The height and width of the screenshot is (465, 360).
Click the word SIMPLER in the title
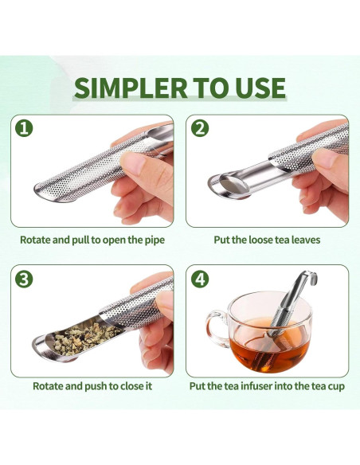click(131, 88)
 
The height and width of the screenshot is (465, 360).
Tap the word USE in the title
click(260, 88)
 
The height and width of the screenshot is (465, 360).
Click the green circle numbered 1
click(24, 128)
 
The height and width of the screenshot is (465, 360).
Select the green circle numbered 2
click(200, 128)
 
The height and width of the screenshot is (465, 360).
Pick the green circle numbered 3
click(24, 279)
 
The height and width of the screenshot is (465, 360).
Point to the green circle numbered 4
click(200, 279)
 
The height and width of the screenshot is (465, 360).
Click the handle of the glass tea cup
click(214, 328)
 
